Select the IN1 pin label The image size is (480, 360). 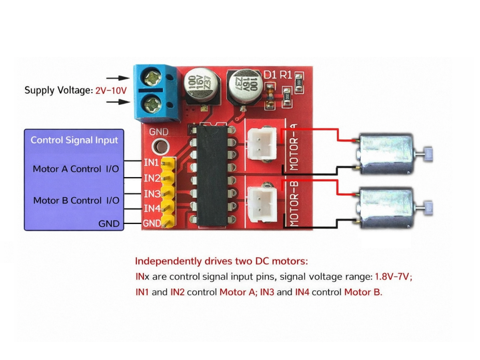point(152,163)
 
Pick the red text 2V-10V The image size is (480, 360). point(111,91)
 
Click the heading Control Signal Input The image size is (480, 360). point(74,140)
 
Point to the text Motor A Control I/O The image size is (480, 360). point(76,169)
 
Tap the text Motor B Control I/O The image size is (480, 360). point(76,200)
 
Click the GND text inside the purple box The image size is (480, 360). point(109,224)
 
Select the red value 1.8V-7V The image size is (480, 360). point(392,277)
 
